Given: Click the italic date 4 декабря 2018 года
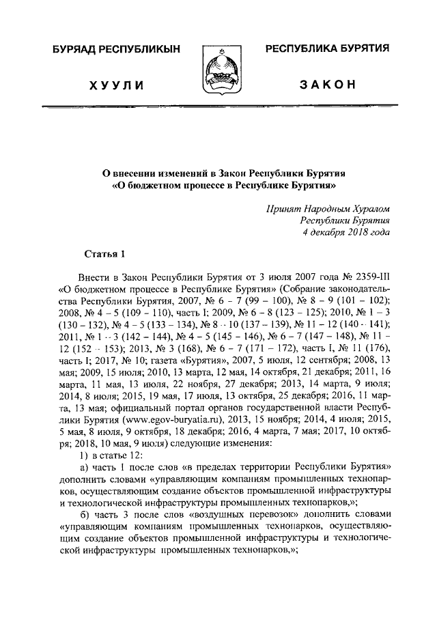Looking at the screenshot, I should (x=346, y=232).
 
